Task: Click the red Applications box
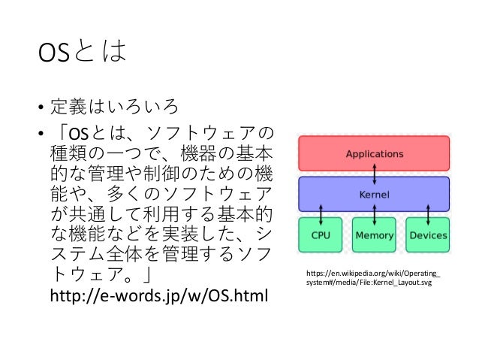pos(374,154)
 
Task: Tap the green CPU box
pos(321,235)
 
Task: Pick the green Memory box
pos(374,235)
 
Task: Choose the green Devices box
pos(428,235)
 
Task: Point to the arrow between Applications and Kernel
pos(374,174)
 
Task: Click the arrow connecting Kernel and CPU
pos(321,214)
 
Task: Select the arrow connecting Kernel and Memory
pos(374,214)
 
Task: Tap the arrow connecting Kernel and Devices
pos(427,214)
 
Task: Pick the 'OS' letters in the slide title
pos(54,55)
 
